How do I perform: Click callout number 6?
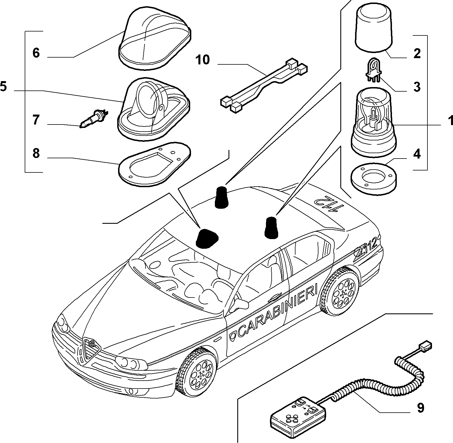[36, 53]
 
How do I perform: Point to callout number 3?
[417, 87]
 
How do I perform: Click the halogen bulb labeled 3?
[374, 73]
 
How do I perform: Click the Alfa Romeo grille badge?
[92, 343]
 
